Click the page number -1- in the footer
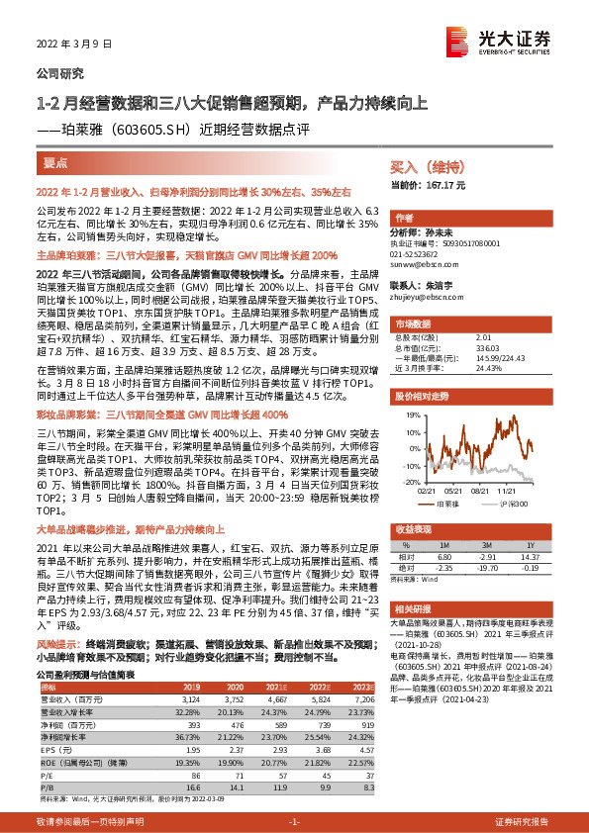coord(294,823)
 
